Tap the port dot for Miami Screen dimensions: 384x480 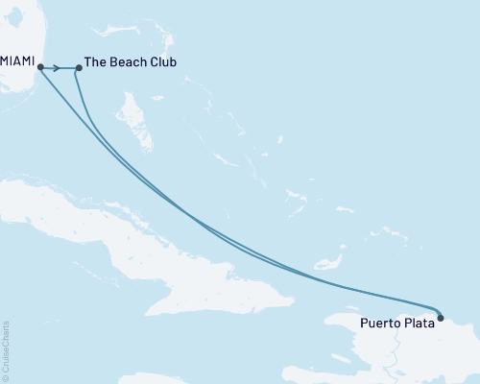tap(39, 66)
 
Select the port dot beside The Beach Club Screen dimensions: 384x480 tap(79, 68)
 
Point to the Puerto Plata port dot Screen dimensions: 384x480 tap(440, 317)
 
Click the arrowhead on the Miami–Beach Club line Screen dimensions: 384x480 tap(58, 67)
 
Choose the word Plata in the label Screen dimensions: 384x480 tap(419, 323)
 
